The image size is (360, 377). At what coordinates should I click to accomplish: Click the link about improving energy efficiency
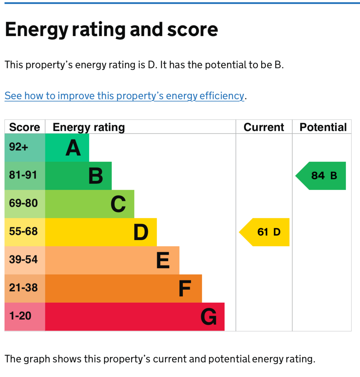pyautogui.click(x=125, y=96)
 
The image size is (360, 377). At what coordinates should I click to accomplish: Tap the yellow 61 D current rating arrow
pyautogui.click(x=264, y=232)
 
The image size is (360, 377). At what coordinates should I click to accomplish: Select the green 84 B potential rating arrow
pyautogui.click(x=321, y=176)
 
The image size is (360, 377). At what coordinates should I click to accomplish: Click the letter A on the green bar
pyautogui.click(x=73, y=148)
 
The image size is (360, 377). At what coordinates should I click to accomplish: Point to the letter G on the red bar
pyautogui.click(x=209, y=317)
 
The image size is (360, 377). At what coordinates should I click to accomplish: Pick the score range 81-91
pyautogui.click(x=23, y=175)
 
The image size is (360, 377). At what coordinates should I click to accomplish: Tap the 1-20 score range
pyautogui.click(x=20, y=316)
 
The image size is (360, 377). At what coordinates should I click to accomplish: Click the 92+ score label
pyautogui.click(x=18, y=147)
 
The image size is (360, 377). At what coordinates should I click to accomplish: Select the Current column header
pyautogui.click(x=264, y=127)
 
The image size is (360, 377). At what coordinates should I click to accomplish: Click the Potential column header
pyautogui.click(x=323, y=127)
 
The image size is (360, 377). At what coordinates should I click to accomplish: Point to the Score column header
pyautogui.click(x=25, y=127)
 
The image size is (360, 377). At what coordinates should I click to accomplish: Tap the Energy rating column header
pyautogui.click(x=89, y=127)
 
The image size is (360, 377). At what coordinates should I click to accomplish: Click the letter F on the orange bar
pyautogui.click(x=185, y=289)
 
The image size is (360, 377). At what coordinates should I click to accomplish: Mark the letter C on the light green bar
pyautogui.click(x=118, y=204)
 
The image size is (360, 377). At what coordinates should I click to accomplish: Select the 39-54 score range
pyautogui.click(x=23, y=260)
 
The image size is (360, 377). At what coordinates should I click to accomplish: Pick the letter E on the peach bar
pyautogui.click(x=163, y=260)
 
